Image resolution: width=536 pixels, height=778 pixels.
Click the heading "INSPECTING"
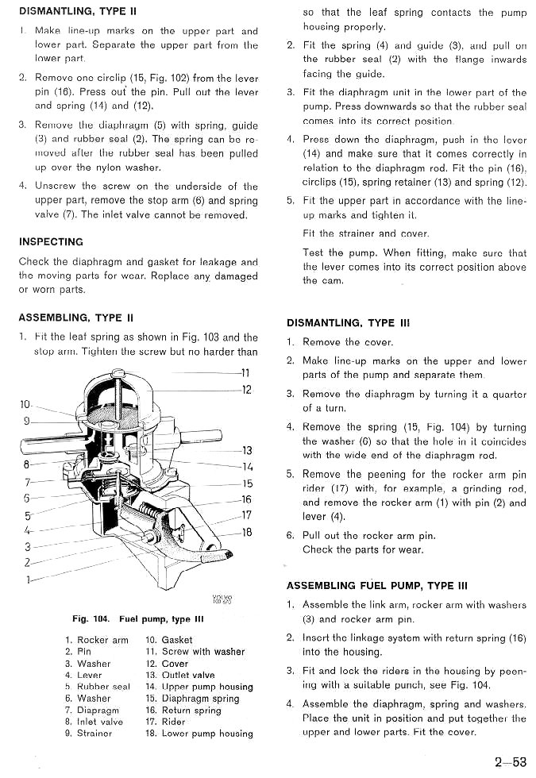pos(51,241)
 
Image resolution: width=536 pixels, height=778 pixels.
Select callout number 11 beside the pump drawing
pos(246,372)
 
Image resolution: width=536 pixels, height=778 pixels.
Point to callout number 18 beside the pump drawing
pos(246,532)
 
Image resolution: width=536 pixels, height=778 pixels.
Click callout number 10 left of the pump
pos(25,404)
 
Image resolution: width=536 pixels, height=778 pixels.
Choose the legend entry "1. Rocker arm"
pos(97,640)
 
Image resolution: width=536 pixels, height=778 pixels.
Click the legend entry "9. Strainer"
pos(88,734)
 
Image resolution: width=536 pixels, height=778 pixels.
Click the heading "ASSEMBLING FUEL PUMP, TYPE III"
pos(376,586)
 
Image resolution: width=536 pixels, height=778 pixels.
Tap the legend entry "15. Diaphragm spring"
pos(192,699)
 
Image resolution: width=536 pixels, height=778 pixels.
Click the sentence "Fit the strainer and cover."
pos(365,233)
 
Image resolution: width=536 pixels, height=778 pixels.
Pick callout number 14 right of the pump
pos(246,467)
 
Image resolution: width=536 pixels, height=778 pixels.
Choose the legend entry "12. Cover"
pos(167,664)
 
